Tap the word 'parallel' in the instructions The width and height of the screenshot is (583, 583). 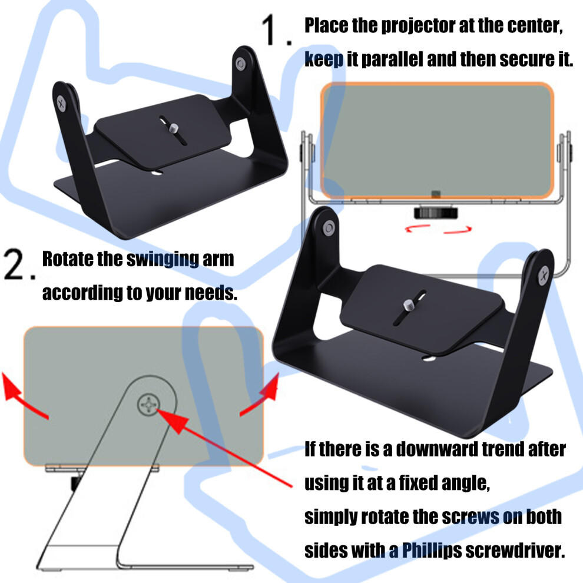(392, 59)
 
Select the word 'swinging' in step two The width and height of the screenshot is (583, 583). (163, 259)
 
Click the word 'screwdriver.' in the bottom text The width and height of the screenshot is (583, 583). (515, 550)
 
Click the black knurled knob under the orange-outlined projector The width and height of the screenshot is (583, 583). (436, 213)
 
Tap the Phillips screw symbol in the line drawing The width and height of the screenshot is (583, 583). (149, 404)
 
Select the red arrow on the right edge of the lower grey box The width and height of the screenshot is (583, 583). (260, 395)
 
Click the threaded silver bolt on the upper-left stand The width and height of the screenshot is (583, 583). (174, 128)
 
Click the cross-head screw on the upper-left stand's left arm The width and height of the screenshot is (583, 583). (61, 104)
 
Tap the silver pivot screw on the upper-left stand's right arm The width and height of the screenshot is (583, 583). (241, 64)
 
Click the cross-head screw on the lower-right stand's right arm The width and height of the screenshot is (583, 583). (544, 276)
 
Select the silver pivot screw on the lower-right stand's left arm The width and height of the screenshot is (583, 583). (329, 228)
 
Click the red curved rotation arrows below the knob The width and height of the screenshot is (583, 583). (438, 228)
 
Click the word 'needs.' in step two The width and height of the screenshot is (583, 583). (211, 293)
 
